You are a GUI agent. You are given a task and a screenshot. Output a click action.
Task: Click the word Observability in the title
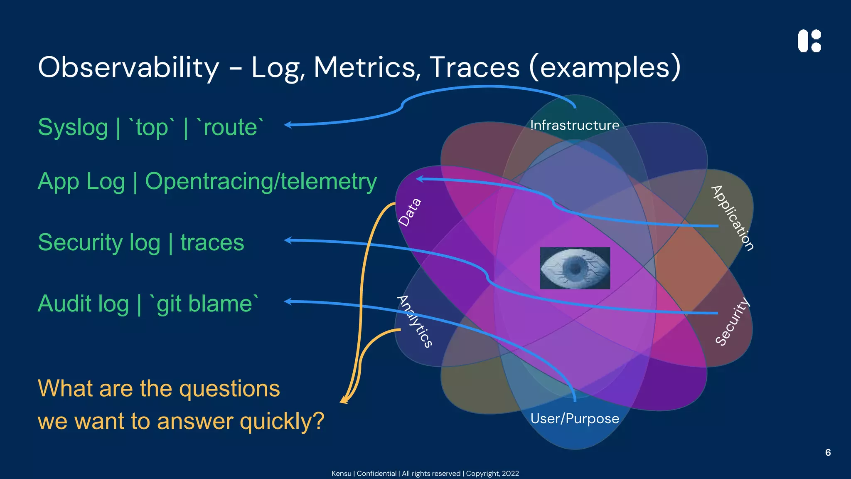click(x=128, y=67)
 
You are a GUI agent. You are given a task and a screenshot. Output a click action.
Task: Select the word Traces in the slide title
click(x=474, y=67)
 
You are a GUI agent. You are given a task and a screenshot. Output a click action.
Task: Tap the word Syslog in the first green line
click(x=73, y=127)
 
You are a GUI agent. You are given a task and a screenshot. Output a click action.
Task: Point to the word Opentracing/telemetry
click(x=261, y=182)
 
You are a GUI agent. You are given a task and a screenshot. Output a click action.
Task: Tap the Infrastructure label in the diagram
click(x=575, y=125)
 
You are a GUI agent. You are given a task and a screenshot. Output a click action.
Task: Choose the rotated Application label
click(x=733, y=218)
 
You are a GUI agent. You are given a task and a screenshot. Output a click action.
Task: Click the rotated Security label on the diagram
click(x=733, y=321)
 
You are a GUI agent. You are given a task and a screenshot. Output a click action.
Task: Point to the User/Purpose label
click(x=575, y=418)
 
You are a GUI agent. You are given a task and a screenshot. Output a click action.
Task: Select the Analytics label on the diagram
click(x=415, y=321)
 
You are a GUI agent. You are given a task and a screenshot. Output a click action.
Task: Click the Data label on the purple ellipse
click(x=410, y=212)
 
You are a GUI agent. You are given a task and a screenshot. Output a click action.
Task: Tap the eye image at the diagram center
click(x=575, y=268)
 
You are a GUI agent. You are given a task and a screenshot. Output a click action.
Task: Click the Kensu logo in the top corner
click(x=809, y=41)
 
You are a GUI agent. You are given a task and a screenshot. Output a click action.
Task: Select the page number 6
click(x=828, y=452)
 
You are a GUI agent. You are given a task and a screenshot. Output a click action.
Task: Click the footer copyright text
click(x=425, y=474)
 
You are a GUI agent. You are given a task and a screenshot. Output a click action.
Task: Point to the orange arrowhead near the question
click(x=344, y=400)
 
